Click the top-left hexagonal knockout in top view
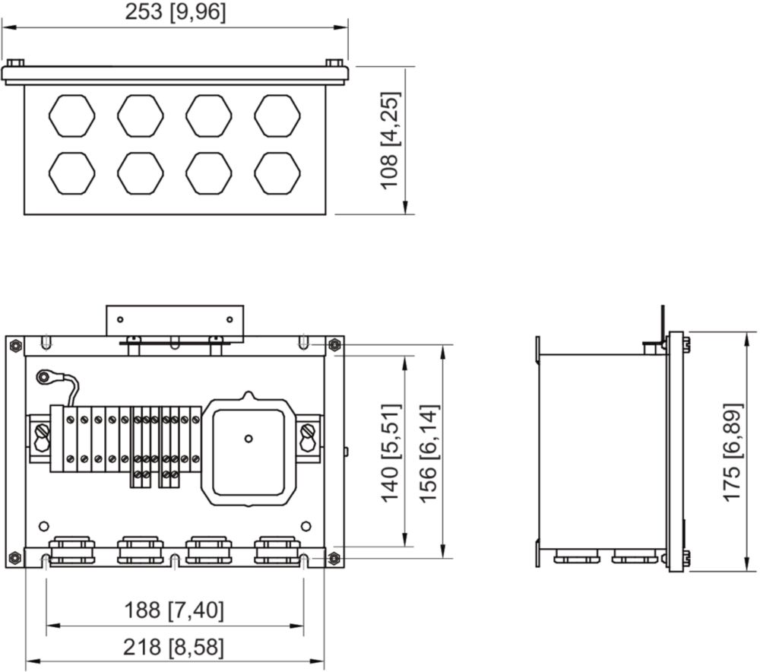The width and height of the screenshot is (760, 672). coord(71,116)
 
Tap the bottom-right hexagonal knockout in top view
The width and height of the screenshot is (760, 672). coord(277,173)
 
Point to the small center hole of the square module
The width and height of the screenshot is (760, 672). coord(249,439)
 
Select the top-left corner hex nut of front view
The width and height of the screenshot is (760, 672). coord(15,345)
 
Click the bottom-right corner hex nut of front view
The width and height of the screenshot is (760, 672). coord(334,557)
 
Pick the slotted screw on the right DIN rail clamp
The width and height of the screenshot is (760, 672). coord(307,430)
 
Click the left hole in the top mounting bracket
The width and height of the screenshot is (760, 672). coord(120,319)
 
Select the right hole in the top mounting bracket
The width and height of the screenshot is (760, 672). coord(230,319)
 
